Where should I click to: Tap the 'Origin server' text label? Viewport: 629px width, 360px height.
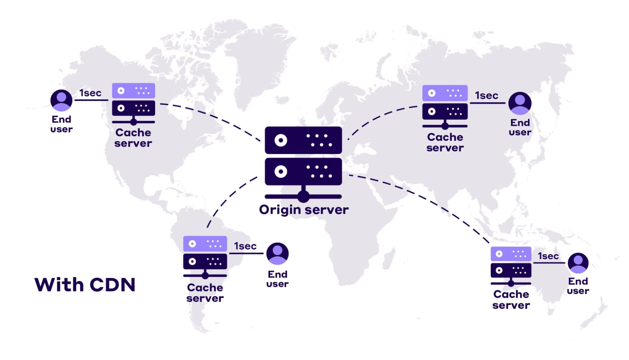[x=304, y=210]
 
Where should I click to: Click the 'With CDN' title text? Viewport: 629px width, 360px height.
[x=85, y=285]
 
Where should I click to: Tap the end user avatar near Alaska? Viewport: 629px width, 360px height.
[x=61, y=100]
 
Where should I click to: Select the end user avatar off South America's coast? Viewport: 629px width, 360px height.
[x=277, y=253]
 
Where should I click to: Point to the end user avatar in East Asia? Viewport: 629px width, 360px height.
[x=520, y=103]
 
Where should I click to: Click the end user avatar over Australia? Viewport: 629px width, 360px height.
[x=578, y=263]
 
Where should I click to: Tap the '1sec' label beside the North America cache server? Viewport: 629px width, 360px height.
[x=90, y=93]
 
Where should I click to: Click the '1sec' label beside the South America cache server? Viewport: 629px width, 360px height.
[x=245, y=246]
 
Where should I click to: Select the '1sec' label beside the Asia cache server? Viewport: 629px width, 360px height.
[x=486, y=96]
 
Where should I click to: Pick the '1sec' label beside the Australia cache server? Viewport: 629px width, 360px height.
[x=548, y=256]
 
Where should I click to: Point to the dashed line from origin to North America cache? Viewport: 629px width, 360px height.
[x=214, y=118]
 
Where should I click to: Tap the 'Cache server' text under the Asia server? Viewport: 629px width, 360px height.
[x=445, y=142]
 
